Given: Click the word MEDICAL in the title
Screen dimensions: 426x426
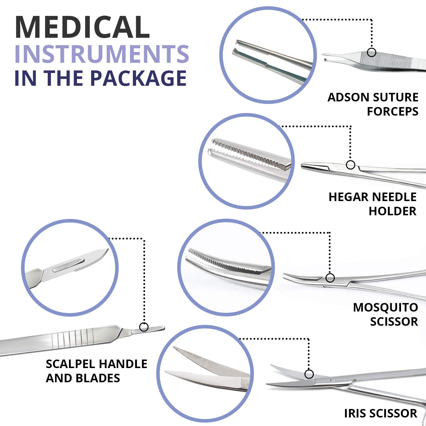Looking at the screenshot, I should tap(82, 28).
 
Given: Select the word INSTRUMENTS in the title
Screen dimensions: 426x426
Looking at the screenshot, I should tap(102, 54).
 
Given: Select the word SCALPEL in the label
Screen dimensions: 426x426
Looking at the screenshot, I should tap(70, 364).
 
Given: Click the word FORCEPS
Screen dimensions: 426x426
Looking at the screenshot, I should tap(392, 111).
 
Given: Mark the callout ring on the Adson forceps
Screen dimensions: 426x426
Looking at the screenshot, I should tap(371, 53).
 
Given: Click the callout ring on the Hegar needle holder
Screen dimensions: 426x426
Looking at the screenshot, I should tap(350, 165).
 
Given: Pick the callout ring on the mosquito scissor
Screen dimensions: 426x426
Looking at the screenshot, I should tap(330, 278).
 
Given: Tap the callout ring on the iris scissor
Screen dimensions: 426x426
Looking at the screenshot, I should tap(309, 374).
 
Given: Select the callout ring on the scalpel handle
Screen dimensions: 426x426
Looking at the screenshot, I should tap(144, 327).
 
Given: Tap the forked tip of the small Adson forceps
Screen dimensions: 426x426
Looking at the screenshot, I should tap(325, 60).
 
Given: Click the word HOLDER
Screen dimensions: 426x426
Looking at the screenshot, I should tap(392, 211).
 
